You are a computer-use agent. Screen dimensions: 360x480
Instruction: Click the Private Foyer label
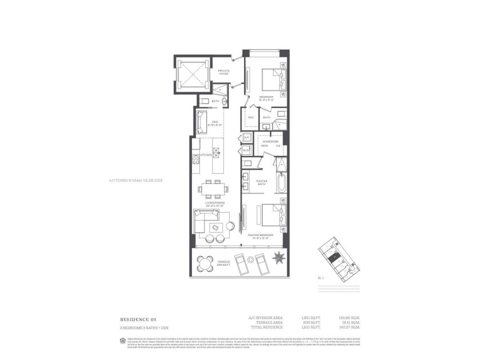point(224,73)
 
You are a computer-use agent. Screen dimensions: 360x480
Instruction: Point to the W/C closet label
point(250,118)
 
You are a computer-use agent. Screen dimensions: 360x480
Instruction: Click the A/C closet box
point(246,138)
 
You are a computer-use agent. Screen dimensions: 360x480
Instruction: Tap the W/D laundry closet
point(246,151)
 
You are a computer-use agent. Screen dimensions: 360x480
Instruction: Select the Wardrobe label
point(271,141)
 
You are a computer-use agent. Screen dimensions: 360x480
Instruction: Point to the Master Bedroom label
point(261,236)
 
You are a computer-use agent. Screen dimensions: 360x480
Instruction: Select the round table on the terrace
point(205,263)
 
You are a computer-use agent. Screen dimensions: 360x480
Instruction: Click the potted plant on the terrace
point(278,258)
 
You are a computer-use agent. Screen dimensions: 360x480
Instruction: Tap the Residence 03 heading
point(138,319)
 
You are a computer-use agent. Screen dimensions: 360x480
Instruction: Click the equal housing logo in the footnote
point(122,341)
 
